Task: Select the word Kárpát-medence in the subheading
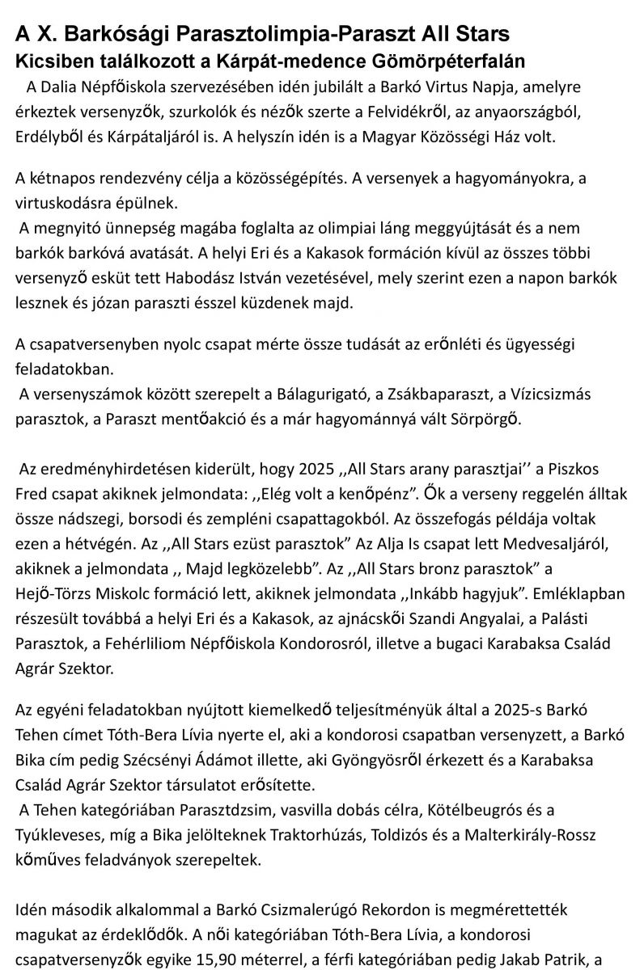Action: point(303,59)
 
